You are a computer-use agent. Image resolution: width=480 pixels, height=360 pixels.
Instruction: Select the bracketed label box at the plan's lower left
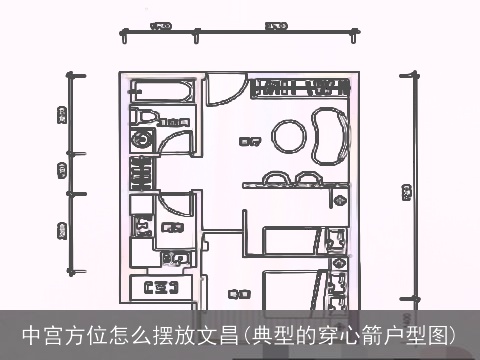160,290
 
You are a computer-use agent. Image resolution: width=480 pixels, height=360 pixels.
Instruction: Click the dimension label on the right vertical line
407,191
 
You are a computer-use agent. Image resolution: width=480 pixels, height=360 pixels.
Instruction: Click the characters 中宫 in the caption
41,333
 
